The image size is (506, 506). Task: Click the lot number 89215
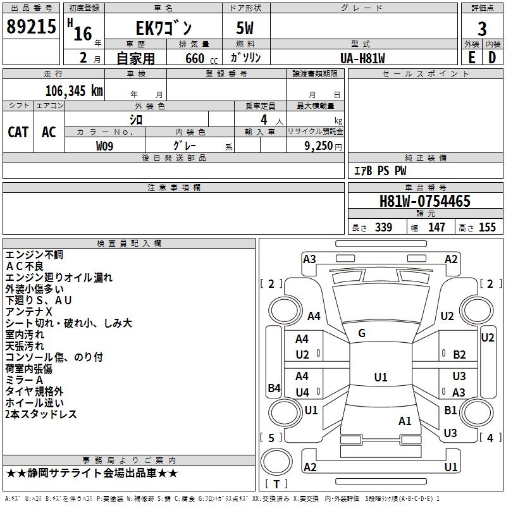point(31,27)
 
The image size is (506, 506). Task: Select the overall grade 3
point(482,28)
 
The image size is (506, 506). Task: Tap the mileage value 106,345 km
point(74,91)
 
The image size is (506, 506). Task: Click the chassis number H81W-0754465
point(425,201)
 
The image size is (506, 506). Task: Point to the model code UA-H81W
point(362,58)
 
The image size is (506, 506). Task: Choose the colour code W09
point(104,146)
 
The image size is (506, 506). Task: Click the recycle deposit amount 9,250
point(318,145)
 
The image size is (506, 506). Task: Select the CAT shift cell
point(18,132)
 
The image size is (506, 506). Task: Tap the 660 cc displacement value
point(201,58)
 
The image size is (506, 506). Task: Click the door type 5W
point(245,28)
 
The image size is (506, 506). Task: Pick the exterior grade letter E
point(471,58)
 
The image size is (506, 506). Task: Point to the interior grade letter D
point(492,58)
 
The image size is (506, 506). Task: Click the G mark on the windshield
point(362,333)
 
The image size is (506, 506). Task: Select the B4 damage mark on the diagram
point(275,388)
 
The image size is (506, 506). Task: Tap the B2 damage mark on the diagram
point(459,355)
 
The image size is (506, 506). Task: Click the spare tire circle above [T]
point(276,462)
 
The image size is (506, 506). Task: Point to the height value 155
point(487,227)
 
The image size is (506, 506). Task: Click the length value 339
point(384,227)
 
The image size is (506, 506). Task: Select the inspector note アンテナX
point(28,312)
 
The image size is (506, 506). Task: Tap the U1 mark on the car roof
point(381,377)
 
